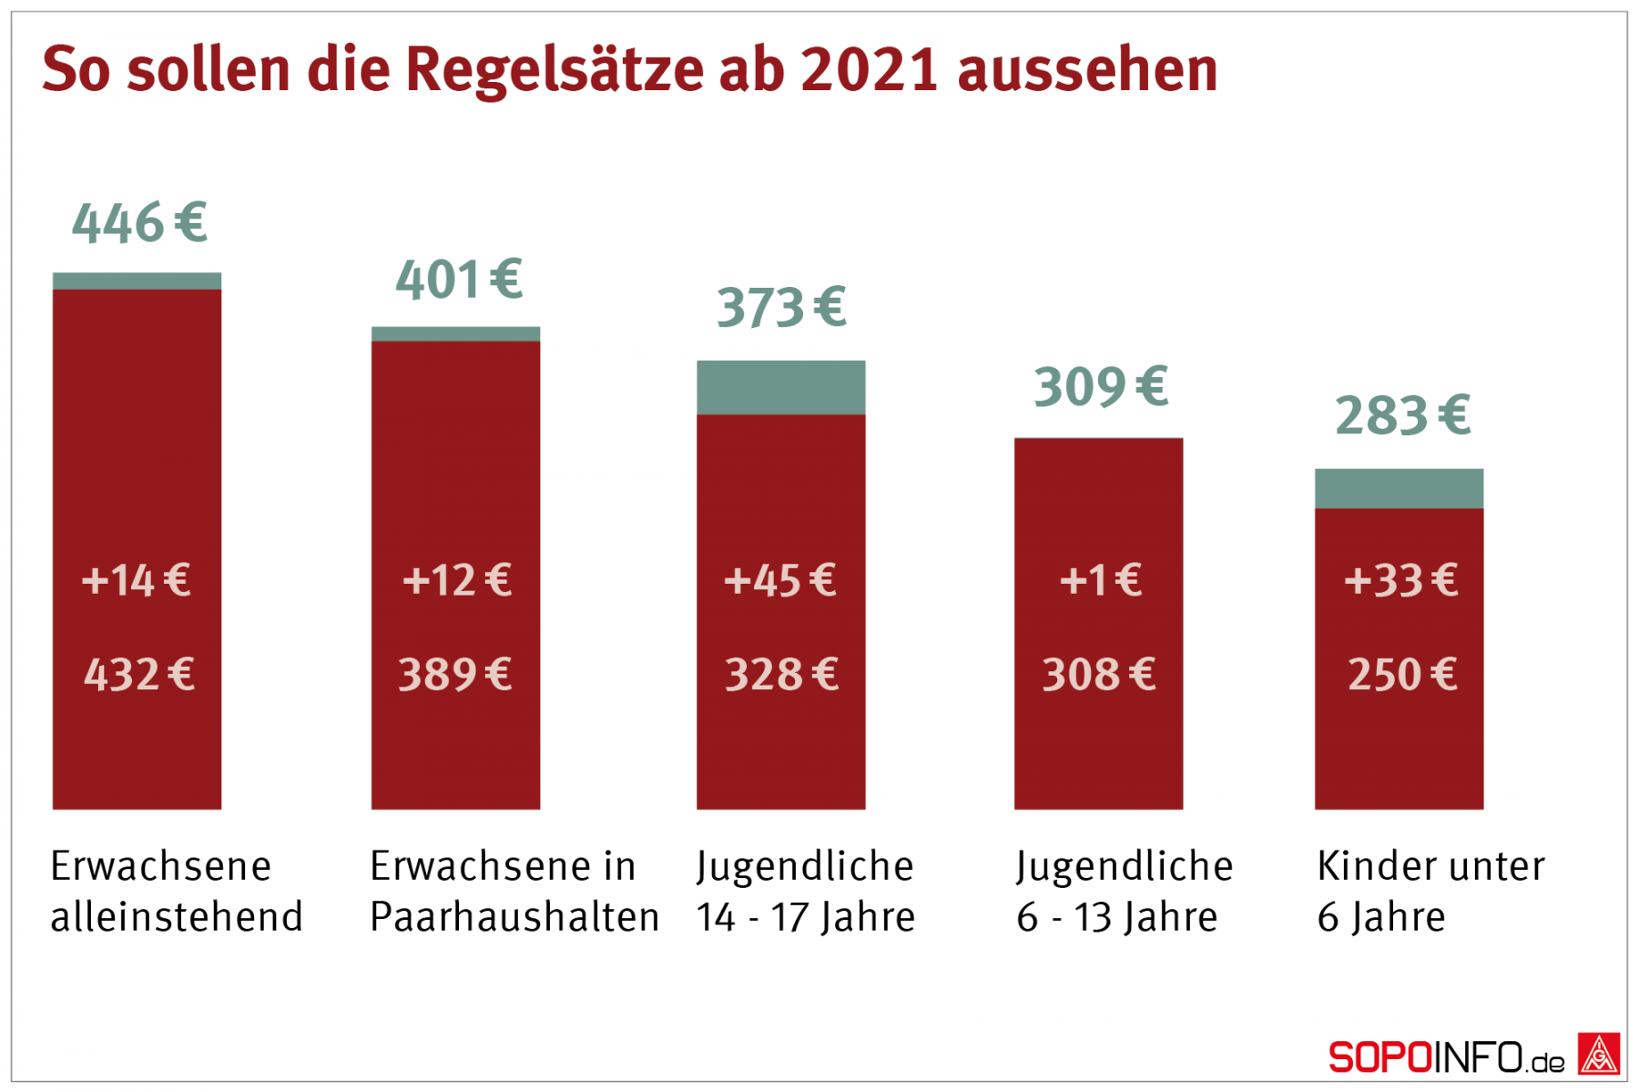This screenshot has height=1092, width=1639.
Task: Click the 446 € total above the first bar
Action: [139, 223]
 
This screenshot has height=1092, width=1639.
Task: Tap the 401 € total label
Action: [459, 280]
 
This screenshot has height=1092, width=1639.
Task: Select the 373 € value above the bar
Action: [781, 308]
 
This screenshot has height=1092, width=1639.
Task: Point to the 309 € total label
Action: [1100, 387]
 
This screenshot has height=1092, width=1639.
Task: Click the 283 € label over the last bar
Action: [1402, 416]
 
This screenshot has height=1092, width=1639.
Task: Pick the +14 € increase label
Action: [137, 580]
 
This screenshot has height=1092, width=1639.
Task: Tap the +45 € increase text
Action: [780, 580]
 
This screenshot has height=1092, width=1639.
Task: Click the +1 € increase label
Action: [1100, 580]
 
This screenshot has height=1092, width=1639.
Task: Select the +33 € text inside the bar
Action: [1400, 580]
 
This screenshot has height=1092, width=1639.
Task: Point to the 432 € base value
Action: [139, 675]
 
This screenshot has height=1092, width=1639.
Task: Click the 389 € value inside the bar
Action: [455, 675]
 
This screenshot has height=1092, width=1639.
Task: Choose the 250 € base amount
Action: [1402, 675]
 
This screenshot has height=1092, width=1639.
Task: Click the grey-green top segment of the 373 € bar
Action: [780, 387]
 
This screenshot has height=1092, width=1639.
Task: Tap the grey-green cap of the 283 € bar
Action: [1399, 488]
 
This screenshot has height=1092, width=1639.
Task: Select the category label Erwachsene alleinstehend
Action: [176, 891]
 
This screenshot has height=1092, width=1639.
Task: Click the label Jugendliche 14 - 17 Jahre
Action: [805, 891]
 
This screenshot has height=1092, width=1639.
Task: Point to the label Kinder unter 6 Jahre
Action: [1430, 891]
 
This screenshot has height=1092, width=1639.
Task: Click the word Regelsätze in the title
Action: [554, 69]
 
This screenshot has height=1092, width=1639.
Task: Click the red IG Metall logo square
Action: [1599, 1055]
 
